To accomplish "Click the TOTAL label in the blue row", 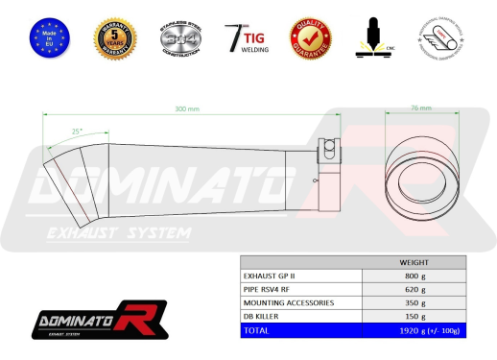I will pyautogui.click(x=258, y=329).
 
